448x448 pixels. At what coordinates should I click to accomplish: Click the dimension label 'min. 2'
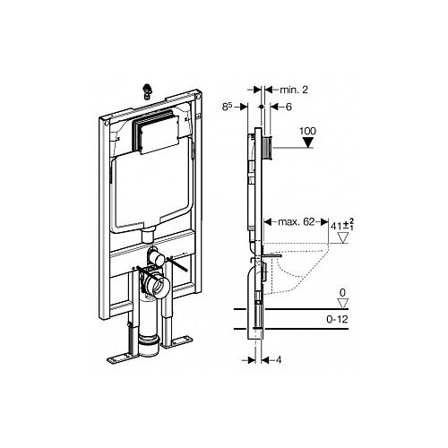coord(294,90)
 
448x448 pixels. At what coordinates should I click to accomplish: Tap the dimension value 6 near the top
coord(289,107)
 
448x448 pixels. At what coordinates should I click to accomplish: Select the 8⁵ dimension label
coord(228,107)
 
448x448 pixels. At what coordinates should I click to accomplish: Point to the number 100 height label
coord(307,131)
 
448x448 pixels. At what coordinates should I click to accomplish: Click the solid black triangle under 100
coord(308,142)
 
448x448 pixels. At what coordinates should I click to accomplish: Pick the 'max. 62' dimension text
coord(292,222)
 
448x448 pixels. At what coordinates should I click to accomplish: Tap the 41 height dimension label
coord(342,224)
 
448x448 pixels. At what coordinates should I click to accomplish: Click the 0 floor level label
coord(342,293)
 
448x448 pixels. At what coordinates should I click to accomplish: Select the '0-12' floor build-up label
coord(337,319)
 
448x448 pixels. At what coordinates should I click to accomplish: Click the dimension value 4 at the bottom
coord(279,360)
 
